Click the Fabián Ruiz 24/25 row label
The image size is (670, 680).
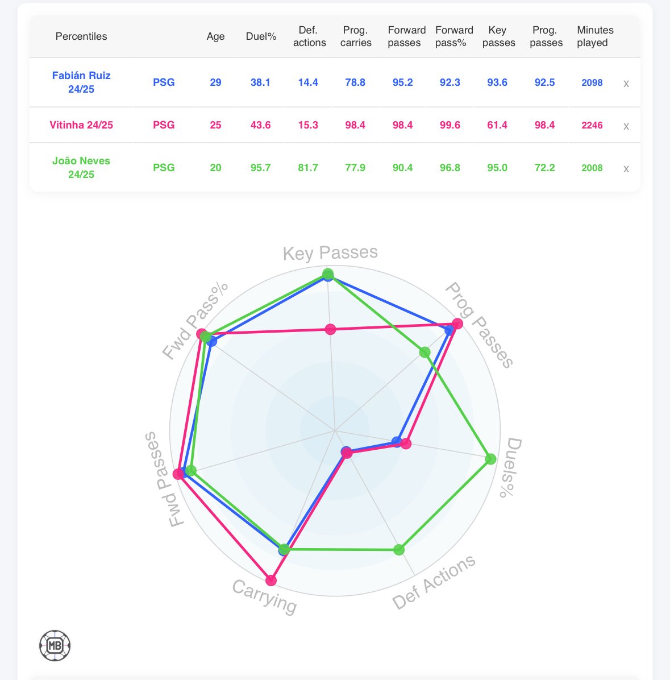click(x=81, y=82)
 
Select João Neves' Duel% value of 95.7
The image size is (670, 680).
click(x=261, y=168)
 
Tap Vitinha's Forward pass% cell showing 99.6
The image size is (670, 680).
click(x=450, y=125)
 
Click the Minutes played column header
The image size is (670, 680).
click(x=595, y=36)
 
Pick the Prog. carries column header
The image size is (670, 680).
click(x=356, y=36)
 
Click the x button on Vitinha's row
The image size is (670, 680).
click(x=626, y=126)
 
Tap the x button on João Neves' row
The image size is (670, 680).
click(x=626, y=169)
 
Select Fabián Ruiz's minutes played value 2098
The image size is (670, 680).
click(x=592, y=82)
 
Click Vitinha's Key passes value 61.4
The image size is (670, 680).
click(x=497, y=125)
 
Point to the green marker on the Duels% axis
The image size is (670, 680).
click(x=491, y=459)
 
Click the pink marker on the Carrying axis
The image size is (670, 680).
click(x=271, y=581)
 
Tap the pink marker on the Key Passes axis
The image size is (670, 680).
click(x=330, y=329)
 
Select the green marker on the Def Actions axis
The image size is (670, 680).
click(x=399, y=550)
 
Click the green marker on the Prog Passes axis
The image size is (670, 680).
click(x=425, y=353)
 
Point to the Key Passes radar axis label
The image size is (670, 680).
click(x=330, y=253)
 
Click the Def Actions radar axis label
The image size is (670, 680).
click(x=434, y=582)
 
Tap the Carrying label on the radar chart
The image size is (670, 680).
click(x=265, y=596)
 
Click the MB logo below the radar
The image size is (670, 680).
click(x=55, y=645)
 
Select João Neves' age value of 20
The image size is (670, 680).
click(x=215, y=168)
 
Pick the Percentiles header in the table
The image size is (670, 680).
click(x=81, y=36)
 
